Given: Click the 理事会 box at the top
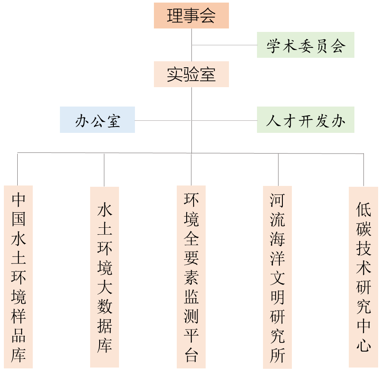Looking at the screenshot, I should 191,16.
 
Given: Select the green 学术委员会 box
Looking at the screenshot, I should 305,45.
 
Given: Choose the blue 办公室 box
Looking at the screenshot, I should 97,120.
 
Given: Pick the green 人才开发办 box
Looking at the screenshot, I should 305,120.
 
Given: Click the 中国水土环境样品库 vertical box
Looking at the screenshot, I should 18,277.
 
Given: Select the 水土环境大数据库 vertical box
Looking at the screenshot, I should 104,277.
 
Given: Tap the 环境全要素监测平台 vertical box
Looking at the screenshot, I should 191,277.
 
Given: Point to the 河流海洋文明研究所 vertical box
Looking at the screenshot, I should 278,277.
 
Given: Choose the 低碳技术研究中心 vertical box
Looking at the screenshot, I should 363,277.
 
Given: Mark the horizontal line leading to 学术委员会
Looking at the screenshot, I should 224,45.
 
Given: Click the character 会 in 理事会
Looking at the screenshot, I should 207,16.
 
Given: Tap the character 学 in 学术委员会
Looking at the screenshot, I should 273,45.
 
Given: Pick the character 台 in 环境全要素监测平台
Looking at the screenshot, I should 191,355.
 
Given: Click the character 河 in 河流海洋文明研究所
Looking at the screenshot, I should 278,200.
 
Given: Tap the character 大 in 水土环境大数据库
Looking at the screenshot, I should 104,287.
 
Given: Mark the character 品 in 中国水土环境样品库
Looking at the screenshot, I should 18,336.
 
